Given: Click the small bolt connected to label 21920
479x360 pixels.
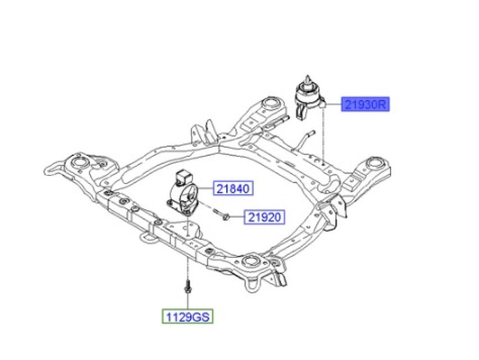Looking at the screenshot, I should pos(221,215).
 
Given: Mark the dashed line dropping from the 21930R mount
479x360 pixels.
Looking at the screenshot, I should pos(325,139).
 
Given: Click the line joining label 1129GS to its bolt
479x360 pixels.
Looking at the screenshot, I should pos(187,302).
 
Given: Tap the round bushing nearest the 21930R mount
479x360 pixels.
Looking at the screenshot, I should pos(272,105).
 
